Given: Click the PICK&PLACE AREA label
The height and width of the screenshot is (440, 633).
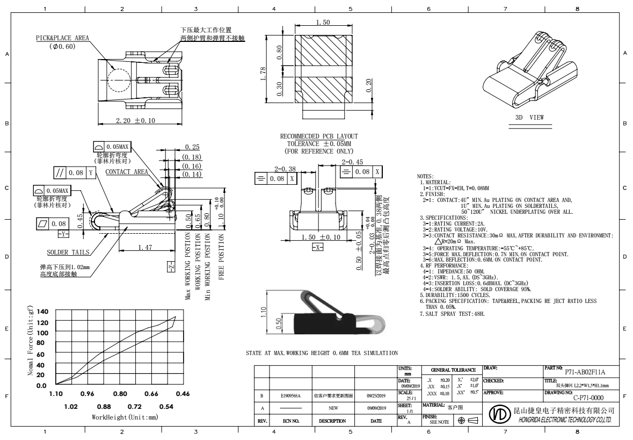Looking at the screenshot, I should (x=62, y=39).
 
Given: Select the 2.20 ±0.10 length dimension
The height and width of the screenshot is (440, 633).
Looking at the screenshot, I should (x=135, y=120).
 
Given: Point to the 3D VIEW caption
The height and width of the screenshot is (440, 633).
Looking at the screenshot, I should (x=529, y=117).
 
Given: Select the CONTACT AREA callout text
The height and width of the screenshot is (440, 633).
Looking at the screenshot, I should (x=127, y=172).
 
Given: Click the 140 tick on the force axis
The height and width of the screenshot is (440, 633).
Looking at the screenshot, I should (x=41, y=312).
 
